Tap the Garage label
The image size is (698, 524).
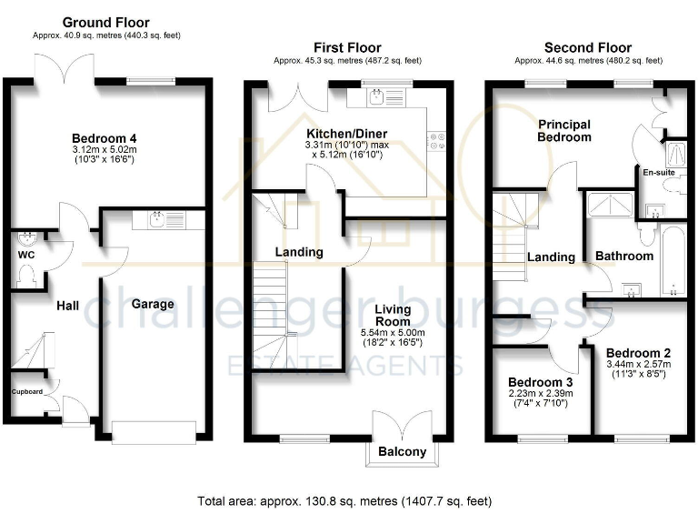[152, 304]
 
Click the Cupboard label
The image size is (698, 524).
[26, 392]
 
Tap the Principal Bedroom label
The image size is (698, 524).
[563, 130]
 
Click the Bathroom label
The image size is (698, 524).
[623, 257]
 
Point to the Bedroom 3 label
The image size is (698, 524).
[533, 381]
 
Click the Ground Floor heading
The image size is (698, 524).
[105, 23]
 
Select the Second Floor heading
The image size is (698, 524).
[587, 47]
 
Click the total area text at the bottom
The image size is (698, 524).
[345, 500]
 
